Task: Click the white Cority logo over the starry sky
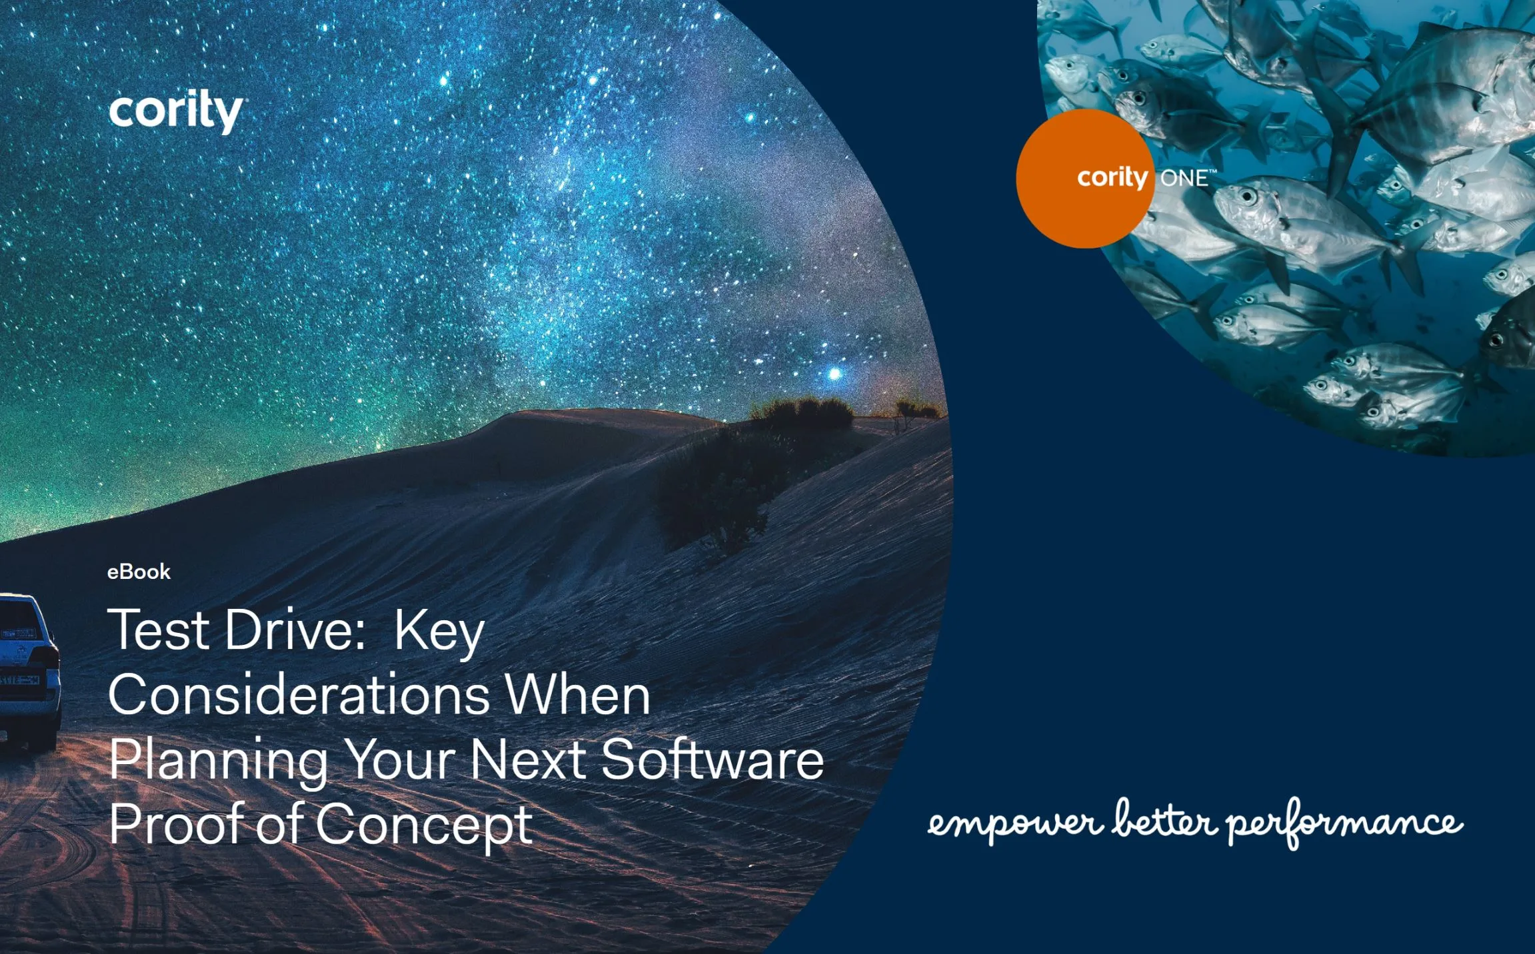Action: coord(175,111)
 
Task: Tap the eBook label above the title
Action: coord(139,572)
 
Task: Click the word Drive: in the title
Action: coord(295,630)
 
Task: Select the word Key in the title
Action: coord(439,631)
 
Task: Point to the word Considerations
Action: coord(299,694)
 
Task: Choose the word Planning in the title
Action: coord(218,761)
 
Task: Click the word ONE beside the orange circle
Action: coord(1184,179)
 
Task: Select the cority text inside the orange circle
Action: coord(1112,178)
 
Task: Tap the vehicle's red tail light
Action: coord(49,657)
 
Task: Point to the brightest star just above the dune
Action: coord(834,374)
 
